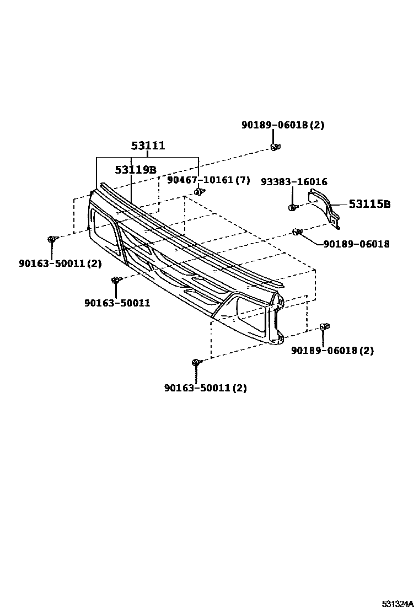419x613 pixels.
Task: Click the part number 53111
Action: pos(148,146)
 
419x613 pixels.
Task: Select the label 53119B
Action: pos(136,169)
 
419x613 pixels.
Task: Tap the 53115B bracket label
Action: pos(369,205)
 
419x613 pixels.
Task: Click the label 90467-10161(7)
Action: pos(208,180)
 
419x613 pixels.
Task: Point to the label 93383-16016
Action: pos(302,181)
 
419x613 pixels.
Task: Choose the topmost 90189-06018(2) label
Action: pos(283,125)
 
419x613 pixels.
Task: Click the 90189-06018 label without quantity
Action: pos(356,244)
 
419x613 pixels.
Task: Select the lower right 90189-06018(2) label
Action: pos(332,351)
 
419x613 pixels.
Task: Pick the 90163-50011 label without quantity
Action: pos(117,303)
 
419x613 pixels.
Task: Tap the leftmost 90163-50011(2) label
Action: pos(60,264)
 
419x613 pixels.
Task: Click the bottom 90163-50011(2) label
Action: pos(205,388)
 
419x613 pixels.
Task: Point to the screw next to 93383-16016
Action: pos(292,208)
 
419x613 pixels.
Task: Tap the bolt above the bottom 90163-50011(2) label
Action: pos(196,362)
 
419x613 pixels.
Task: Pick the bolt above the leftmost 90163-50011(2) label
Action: pos(52,239)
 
